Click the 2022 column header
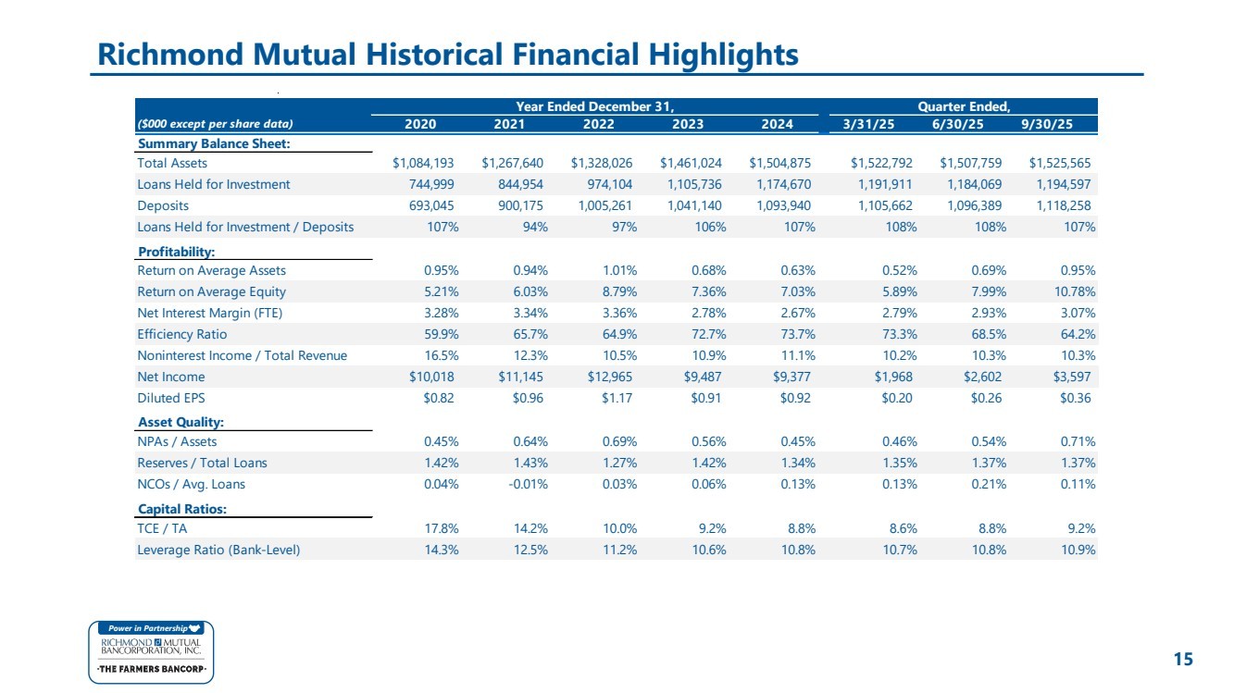point(598,124)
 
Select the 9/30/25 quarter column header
point(1047,124)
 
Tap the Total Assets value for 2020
point(423,163)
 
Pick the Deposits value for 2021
point(520,205)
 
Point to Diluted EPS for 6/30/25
point(986,398)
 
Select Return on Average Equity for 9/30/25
point(1075,291)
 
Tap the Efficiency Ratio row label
point(181,334)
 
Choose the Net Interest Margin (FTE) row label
point(210,314)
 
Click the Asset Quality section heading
point(181,422)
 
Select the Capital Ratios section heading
point(182,509)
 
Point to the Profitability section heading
point(176,252)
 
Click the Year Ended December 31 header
point(595,106)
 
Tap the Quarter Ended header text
point(964,106)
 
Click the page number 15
point(1183,659)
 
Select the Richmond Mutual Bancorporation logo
point(151,652)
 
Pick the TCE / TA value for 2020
point(442,529)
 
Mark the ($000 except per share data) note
point(215,124)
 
